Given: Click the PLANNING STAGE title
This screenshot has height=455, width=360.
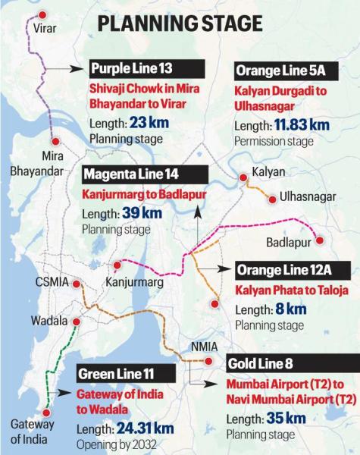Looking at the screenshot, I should pos(180,24).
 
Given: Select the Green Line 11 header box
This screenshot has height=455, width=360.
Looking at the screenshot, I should pos(126,375).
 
